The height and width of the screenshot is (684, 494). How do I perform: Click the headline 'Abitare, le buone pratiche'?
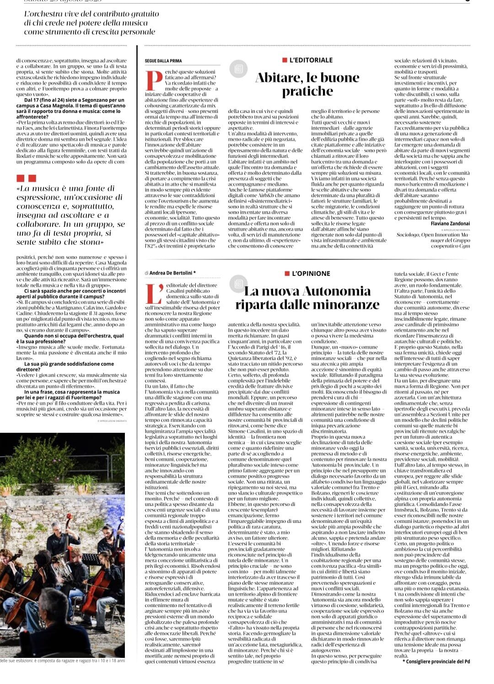[x=307, y=84]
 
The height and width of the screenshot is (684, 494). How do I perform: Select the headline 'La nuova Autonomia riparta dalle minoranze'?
[x=307, y=298]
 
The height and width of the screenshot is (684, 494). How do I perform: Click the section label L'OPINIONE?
[x=311, y=274]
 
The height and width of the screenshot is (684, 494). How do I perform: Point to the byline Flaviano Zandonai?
[x=450, y=223]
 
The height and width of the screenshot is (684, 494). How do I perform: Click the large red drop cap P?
[x=153, y=80]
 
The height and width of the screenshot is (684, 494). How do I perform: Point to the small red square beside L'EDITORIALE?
[x=285, y=60]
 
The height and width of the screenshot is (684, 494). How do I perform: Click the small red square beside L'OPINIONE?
[x=287, y=274]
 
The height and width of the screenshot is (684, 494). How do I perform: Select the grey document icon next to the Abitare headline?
[x=238, y=69]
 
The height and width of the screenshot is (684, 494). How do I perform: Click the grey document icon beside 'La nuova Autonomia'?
[x=238, y=284]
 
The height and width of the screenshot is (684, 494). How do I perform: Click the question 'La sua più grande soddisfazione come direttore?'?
[x=65, y=366]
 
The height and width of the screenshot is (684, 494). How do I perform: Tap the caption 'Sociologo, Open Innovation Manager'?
[x=433, y=240]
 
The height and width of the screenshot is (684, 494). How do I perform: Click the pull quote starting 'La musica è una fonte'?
[x=70, y=215]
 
